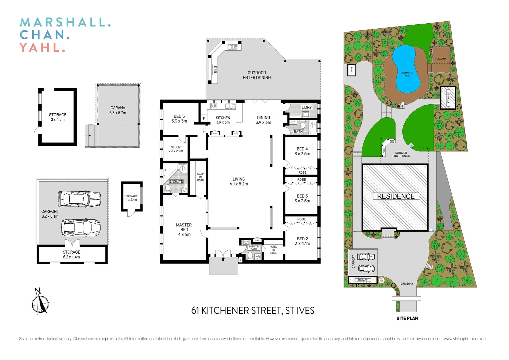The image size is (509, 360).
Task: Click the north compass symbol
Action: point(40,303)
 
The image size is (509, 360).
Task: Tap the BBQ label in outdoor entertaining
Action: point(215,70)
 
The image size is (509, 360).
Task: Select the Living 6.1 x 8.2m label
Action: point(239,181)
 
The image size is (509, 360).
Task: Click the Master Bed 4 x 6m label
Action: point(184,230)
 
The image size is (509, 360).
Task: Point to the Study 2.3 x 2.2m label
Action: point(176,149)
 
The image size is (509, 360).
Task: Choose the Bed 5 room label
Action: point(179,119)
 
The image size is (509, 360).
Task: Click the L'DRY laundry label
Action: point(306,107)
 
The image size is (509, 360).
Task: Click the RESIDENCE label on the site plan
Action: point(395,196)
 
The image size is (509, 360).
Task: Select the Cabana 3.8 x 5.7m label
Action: point(118,110)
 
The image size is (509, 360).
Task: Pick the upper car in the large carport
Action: point(79,199)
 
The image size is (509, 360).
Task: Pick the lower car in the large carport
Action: point(81,228)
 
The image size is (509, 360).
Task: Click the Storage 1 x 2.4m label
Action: point(131,198)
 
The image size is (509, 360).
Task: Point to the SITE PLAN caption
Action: point(407,318)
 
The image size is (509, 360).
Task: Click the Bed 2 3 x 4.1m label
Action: point(302,241)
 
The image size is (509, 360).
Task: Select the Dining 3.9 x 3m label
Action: point(263,120)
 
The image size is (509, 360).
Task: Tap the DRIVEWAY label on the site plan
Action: point(406,284)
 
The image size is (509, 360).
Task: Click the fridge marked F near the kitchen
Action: point(204,119)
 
